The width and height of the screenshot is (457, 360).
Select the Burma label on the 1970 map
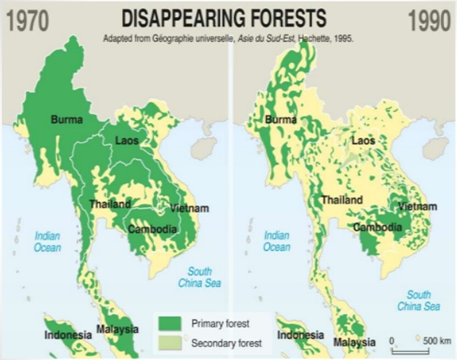coord(67,121)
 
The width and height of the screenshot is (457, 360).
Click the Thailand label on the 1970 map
coord(109,203)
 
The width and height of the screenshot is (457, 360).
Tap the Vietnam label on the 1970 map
coord(190,209)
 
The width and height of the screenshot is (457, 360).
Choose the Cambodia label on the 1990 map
coord(378,228)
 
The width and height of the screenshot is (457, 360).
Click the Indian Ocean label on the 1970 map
coord(48,241)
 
